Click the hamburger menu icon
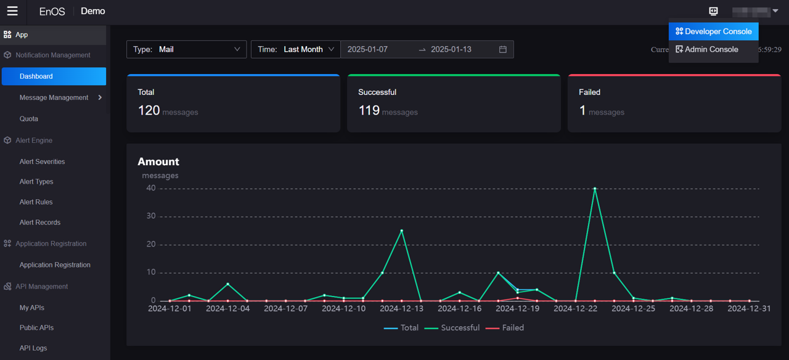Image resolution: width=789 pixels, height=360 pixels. point(12,11)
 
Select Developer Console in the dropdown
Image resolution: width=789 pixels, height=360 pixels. point(713,31)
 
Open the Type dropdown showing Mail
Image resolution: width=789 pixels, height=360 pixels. point(186,49)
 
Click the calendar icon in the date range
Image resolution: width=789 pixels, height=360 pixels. point(503,49)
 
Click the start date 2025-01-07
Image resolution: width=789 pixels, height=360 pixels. point(368,49)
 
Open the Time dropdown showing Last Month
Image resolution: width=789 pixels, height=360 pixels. point(296,49)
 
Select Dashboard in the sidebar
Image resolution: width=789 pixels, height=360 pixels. point(36,76)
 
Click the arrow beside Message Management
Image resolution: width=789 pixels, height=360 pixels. point(100,97)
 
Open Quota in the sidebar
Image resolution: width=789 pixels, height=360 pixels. point(29,119)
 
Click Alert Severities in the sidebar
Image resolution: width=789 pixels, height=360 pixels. point(42,162)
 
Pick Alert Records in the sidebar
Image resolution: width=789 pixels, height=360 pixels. point(40,223)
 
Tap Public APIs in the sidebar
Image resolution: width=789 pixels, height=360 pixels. point(37,328)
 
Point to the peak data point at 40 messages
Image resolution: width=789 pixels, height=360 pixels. point(595,189)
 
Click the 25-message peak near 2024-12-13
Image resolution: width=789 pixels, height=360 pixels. point(402,231)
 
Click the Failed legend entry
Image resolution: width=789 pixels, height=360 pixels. point(505,328)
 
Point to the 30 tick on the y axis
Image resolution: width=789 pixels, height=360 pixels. point(150,216)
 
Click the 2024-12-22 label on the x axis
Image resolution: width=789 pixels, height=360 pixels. point(575,309)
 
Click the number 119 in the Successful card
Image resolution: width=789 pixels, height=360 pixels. point(369,110)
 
